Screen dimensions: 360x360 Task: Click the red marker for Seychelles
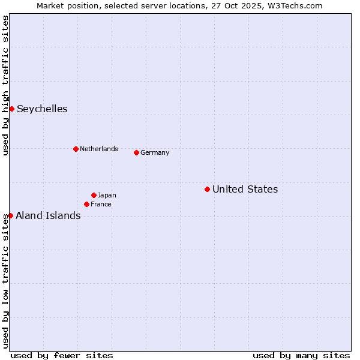(11, 109)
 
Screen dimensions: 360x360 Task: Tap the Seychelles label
(42, 109)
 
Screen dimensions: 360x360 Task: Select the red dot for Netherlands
(76, 149)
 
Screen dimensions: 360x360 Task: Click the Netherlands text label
(98, 149)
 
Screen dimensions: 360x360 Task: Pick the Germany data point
(136, 152)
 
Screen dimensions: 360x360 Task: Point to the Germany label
(155, 152)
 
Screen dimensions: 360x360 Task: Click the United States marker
(207, 189)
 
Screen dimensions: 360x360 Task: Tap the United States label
(245, 189)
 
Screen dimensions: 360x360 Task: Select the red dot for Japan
(94, 195)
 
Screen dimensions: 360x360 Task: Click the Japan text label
(107, 195)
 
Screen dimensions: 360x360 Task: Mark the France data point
(86, 204)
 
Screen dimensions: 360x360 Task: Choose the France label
(101, 204)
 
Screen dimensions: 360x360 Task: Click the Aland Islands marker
(10, 215)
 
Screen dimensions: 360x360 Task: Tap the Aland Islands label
(48, 215)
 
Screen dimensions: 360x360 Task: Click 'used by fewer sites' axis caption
(62, 355)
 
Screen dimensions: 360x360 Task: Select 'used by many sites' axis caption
(301, 355)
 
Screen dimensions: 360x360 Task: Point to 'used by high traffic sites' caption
(5, 85)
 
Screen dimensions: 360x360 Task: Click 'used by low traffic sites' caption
(5, 281)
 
